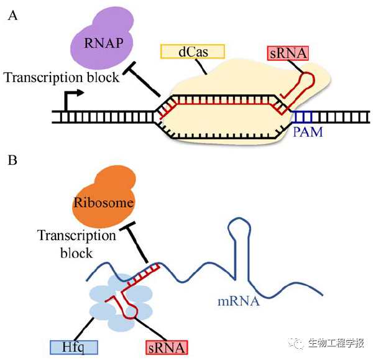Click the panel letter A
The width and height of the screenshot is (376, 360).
(x=12, y=16)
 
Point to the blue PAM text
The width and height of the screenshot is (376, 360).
(x=308, y=132)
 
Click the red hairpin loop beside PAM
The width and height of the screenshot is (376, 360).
(x=305, y=83)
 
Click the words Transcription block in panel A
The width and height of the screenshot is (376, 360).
(x=61, y=78)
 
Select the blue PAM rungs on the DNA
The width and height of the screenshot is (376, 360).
(x=304, y=116)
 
